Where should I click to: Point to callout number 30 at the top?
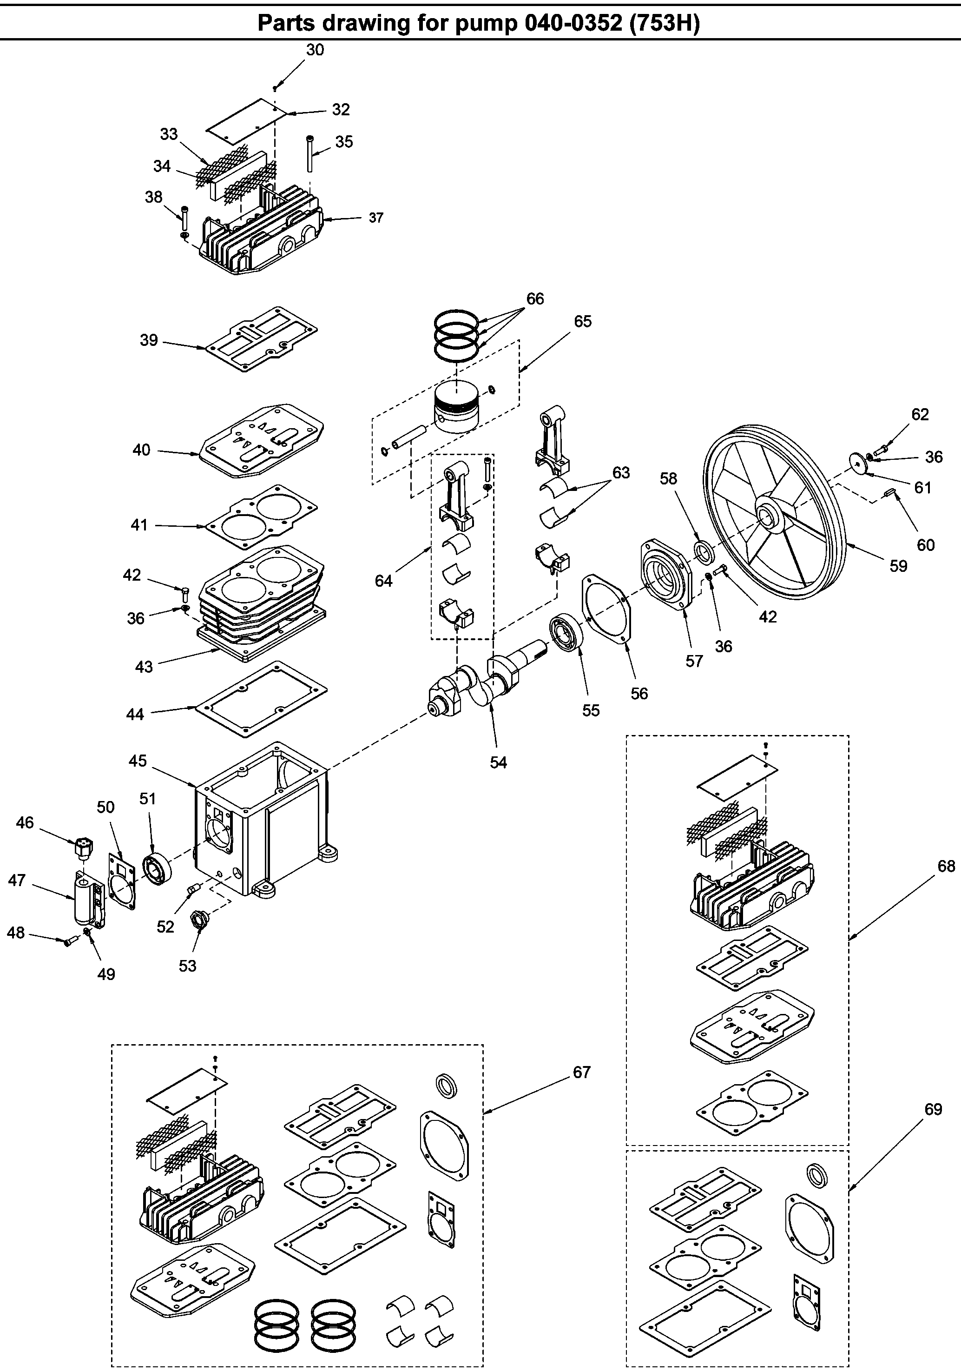[315, 50]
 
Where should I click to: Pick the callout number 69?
[933, 1109]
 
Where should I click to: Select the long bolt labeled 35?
[310, 154]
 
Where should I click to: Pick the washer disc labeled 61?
[859, 464]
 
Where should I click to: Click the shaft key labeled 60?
[890, 492]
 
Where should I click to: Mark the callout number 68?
[946, 865]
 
